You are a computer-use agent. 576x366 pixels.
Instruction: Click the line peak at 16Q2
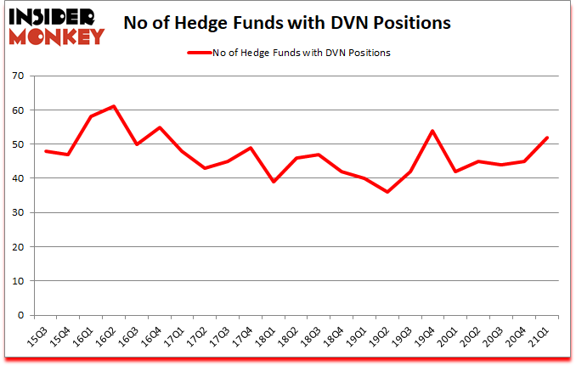pos(114,106)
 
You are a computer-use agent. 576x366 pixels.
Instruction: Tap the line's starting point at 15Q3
pos(47,151)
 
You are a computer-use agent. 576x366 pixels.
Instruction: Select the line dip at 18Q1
pos(272,182)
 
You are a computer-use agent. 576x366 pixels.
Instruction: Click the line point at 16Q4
pos(159,127)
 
